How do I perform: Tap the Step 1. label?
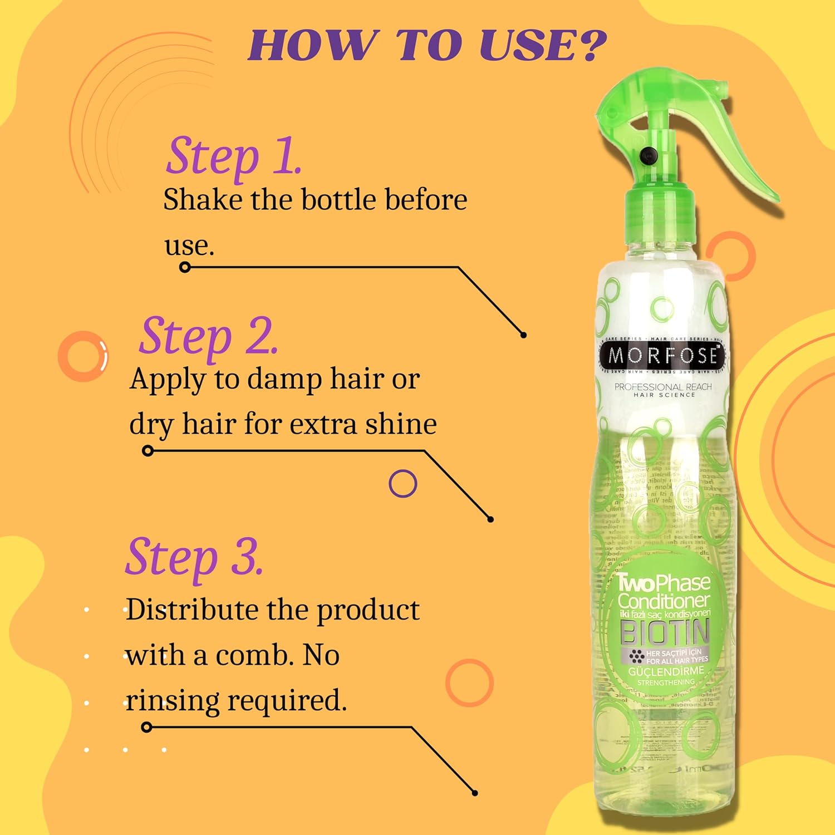[x=234, y=156]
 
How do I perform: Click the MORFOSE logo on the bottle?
[x=662, y=355]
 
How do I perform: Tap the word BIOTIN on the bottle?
[x=665, y=632]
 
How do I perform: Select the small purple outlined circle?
[x=402, y=484]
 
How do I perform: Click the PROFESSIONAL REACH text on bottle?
[x=663, y=386]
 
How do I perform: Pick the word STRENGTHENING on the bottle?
[x=666, y=682]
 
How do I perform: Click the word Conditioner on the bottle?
[x=664, y=601]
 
